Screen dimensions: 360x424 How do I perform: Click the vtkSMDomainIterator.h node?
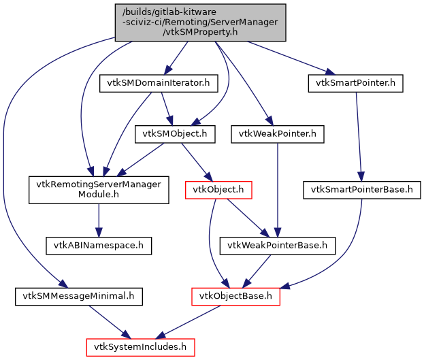(x=158, y=84)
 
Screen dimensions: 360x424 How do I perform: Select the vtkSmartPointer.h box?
(x=355, y=84)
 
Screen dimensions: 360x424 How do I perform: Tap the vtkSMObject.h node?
(x=175, y=135)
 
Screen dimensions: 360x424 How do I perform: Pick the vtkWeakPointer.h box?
(x=277, y=135)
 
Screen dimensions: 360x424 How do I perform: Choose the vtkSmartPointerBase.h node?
(x=361, y=189)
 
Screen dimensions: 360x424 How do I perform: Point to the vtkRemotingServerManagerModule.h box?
(x=98, y=190)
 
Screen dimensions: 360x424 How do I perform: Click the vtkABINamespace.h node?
(x=98, y=243)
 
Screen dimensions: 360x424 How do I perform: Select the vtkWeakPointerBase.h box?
(x=277, y=244)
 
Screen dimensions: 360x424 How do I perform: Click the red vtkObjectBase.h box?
(x=235, y=296)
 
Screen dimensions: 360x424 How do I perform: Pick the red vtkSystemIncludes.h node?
(x=140, y=346)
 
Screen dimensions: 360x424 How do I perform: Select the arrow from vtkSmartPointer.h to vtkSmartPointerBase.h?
(x=359, y=136)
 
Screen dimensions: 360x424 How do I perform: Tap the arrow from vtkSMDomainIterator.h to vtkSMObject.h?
(x=166, y=109)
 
